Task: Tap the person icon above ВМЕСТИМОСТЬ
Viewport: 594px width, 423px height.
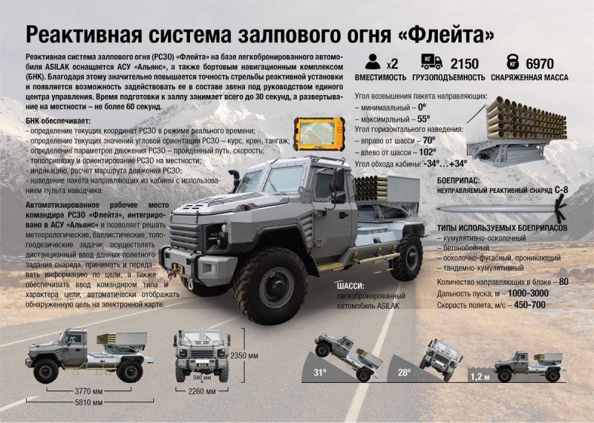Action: (x=373, y=62)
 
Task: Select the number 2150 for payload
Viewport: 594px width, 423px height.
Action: (x=465, y=64)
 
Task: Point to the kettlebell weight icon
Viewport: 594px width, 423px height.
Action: (x=512, y=62)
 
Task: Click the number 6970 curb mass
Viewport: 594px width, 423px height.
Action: (x=540, y=64)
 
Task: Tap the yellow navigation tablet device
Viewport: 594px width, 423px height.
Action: (x=319, y=134)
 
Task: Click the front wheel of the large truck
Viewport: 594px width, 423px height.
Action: (x=270, y=286)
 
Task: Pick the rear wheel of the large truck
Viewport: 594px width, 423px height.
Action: (x=407, y=258)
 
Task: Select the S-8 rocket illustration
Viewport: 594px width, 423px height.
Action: (x=502, y=209)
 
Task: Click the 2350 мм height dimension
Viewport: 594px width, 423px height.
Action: (x=244, y=355)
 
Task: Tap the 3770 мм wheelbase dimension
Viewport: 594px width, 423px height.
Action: (x=88, y=391)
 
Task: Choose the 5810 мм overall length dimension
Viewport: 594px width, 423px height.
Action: (x=88, y=402)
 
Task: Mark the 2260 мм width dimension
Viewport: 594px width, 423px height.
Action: (x=202, y=391)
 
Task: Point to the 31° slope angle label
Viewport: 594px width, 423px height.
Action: (x=319, y=373)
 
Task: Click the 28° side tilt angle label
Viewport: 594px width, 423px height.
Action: (x=404, y=373)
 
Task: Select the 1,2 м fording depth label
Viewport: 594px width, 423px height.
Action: (x=480, y=377)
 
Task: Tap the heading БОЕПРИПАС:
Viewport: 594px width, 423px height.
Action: (x=458, y=180)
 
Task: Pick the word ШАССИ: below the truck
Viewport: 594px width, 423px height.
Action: (x=350, y=286)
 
